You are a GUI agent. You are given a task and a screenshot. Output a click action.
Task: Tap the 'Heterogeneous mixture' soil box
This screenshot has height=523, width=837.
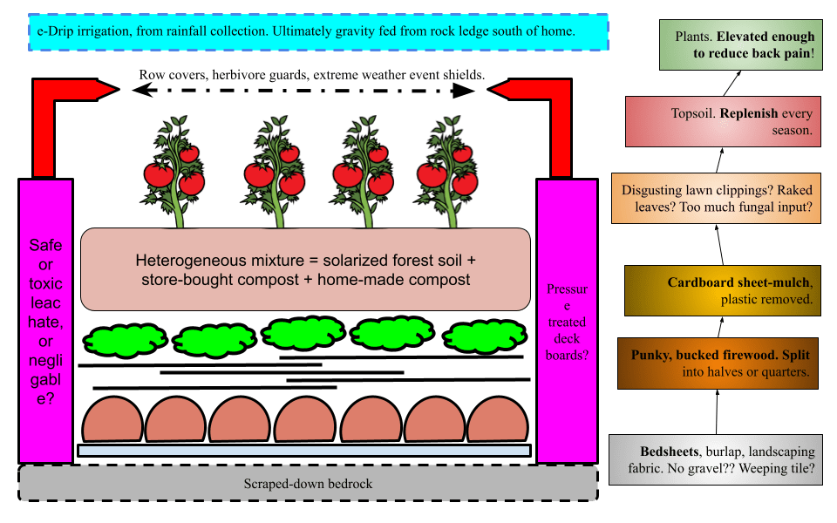305,269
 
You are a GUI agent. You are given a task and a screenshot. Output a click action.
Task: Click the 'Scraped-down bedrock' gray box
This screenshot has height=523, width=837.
308,483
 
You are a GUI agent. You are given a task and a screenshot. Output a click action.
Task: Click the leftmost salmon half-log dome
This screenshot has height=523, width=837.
112,420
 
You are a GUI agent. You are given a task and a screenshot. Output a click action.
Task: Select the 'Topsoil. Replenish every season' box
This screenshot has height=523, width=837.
723,121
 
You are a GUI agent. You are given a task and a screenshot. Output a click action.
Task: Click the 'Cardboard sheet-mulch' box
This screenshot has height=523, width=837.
723,290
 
